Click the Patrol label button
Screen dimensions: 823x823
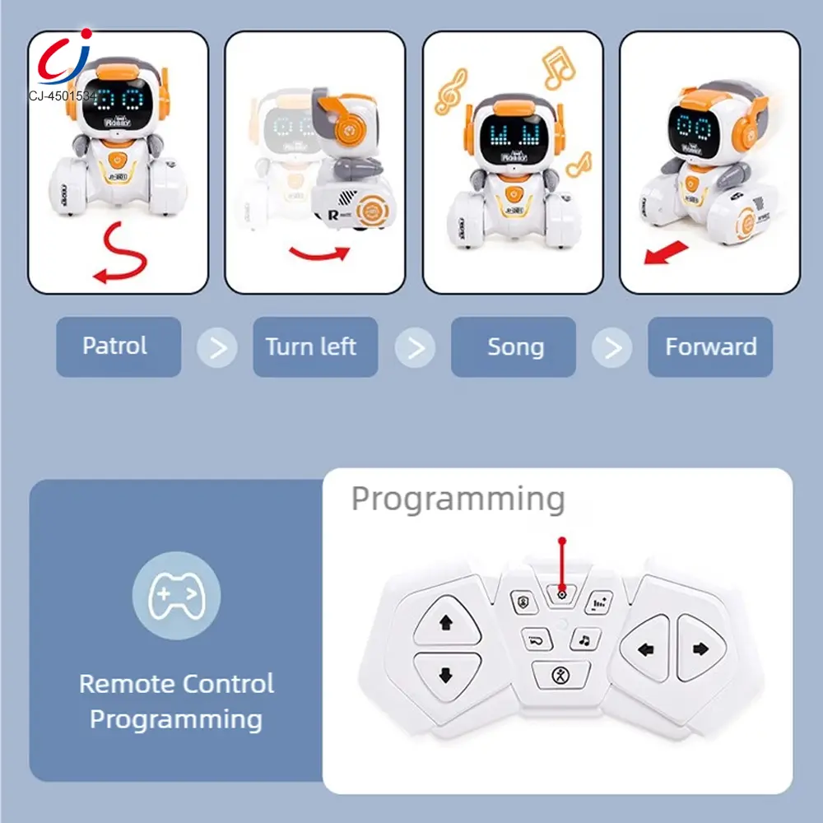point(114,346)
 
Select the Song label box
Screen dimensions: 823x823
point(515,346)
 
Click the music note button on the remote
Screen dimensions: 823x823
point(584,639)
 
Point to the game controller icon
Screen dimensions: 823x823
point(176,594)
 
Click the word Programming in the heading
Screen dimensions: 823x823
point(458,499)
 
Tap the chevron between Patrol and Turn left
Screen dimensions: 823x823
point(217,347)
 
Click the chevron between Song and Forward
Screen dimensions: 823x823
point(612,347)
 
